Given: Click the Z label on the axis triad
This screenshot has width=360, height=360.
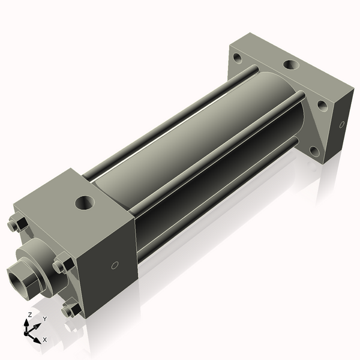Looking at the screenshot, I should click(x=29, y=314).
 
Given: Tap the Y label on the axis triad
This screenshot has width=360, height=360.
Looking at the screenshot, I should click(x=44, y=319).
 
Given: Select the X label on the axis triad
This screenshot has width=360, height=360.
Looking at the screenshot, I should click(x=45, y=340).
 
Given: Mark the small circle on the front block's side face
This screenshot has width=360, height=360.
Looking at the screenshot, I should click(x=114, y=265).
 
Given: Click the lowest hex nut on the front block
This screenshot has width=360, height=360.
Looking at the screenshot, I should click(x=70, y=310).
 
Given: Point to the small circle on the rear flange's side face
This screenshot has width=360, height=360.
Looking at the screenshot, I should click(x=342, y=125).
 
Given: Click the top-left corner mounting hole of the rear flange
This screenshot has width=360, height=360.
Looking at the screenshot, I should click(x=238, y=59).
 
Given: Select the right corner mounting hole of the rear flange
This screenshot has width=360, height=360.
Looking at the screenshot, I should click(x=322, y=105).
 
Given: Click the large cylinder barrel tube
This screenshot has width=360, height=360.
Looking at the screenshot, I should click(x=198, y=138).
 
